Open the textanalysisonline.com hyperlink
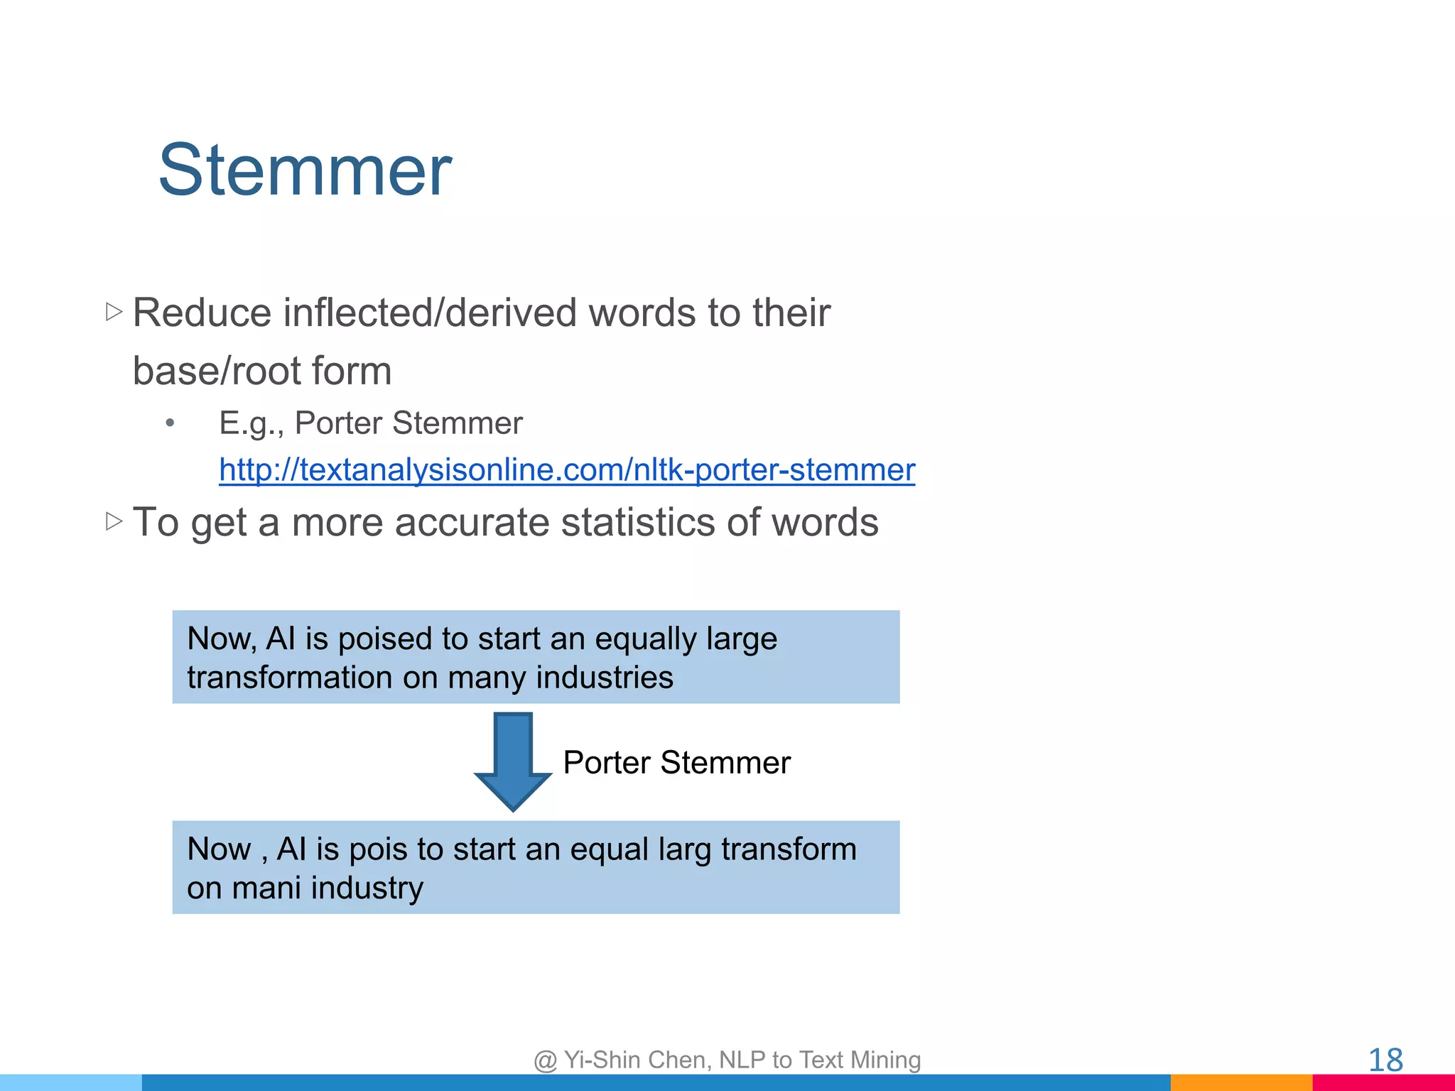566,470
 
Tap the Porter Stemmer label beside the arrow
676,763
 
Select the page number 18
1385,1060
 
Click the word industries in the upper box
604,678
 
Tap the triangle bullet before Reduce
114,312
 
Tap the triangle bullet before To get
114,521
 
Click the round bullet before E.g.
170,424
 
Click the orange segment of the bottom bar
1240,1082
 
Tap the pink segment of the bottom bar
1383,1082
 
